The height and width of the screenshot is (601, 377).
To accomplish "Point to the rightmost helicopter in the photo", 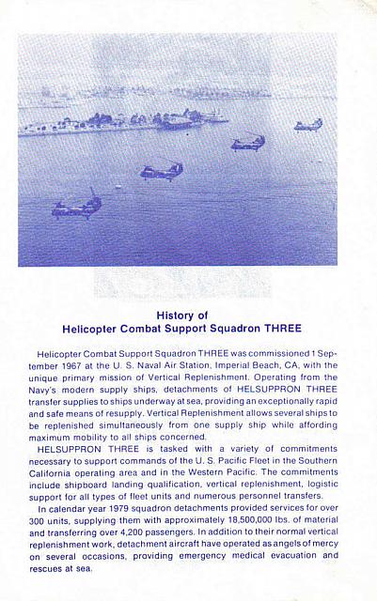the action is click(x=307, y=124).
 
